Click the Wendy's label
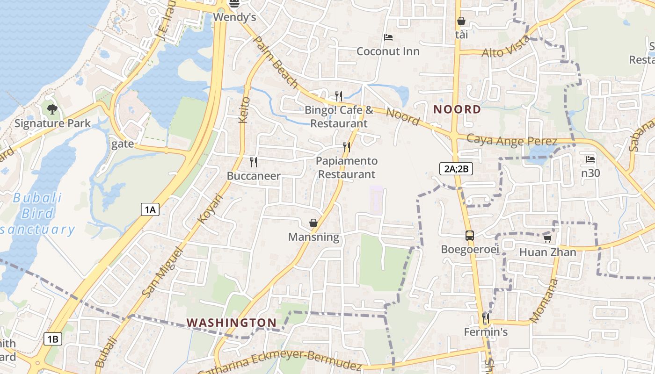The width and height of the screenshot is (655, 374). click(x=234, y=17)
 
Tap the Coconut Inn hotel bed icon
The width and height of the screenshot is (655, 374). click(x=388, y=37)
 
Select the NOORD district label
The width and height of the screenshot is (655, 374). click(x=457, y=109)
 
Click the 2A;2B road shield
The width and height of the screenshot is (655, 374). click(x=456, y=169)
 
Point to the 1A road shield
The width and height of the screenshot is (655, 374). click(x=150, y=209)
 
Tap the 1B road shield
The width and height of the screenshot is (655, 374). click(x=53, y=339)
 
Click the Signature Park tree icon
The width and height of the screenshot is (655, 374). click(x=52, y=110)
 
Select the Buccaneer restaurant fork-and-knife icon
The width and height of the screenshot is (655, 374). click(x=254, y=162)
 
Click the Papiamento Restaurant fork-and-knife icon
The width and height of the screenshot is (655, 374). click(x=347, y=147)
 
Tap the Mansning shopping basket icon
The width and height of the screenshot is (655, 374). click(x=313, y=223)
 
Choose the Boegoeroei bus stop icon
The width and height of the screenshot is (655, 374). click(x=470, y=236)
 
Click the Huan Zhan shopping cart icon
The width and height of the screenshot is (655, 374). click(x=547, y=238)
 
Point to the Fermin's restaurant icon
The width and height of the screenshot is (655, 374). click(x=486, y=318)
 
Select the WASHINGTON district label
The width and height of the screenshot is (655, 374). click(x=232, y=323)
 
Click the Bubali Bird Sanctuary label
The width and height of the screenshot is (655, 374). click(x=37, y=214)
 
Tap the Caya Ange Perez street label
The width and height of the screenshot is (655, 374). click(x=512, y=140)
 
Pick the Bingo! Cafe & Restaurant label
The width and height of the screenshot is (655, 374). click(x=339, y=117)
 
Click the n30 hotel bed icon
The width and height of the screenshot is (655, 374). click(x=590, y=159)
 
